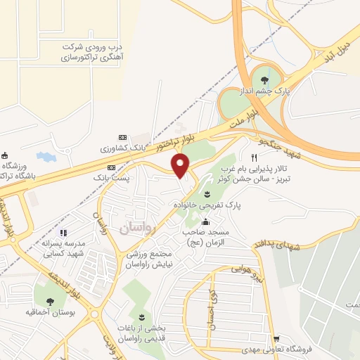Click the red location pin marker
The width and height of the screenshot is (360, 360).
(x=181, y=165)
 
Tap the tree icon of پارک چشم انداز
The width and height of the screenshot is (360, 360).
(x=264, y=80)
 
